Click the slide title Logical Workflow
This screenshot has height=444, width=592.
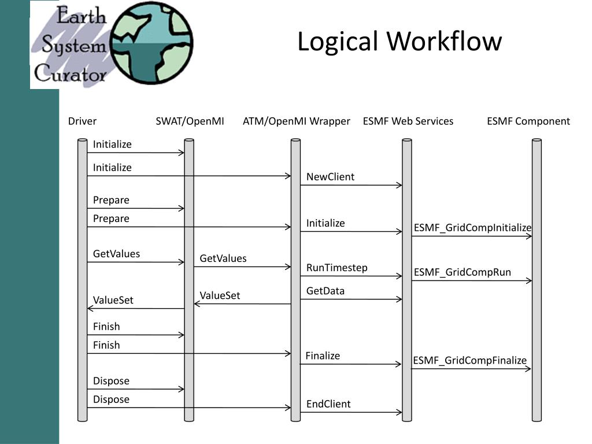point(399,42)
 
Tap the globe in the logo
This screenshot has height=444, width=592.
point(152,43)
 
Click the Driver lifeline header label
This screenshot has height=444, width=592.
point(82,121)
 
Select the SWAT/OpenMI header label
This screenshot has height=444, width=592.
point(190,121)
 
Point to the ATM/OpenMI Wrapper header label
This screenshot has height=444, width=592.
point(297,121)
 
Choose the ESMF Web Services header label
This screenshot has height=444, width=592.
point(408,121)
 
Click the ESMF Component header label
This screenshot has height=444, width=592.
point(528,121)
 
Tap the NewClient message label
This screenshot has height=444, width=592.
point(330,177)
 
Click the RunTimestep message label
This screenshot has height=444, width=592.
point(337,268)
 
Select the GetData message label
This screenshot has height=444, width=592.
point(325,291)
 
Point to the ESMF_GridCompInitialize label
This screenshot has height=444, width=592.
point(472,228)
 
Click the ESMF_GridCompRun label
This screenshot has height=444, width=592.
point(462,272)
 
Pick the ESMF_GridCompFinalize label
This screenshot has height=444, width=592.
point(469,360)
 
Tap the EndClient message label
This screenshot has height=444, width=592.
point(328,404)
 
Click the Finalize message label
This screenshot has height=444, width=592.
point(323,356)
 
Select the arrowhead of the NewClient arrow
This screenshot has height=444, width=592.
point(399,185)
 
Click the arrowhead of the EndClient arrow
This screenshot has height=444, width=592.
point(399,412)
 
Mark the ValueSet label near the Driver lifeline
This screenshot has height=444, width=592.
point(113,300)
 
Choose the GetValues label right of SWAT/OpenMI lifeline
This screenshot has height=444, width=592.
point(223,258)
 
